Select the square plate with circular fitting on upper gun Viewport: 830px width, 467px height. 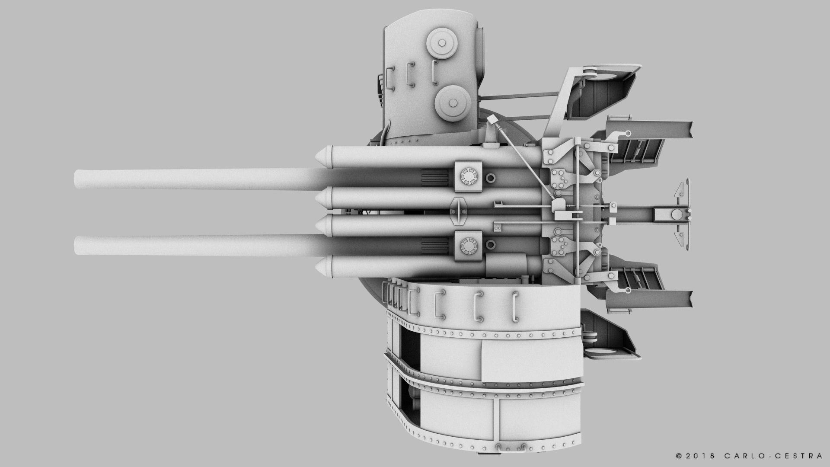click(x=468, y=177)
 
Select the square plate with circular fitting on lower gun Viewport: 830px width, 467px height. click(x=468, y=246)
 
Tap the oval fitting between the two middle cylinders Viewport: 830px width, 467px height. click(x=459, y=211)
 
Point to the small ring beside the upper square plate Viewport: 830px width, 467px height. click(x=491, y=178)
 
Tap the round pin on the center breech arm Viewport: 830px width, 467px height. click(x=675, y=213)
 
